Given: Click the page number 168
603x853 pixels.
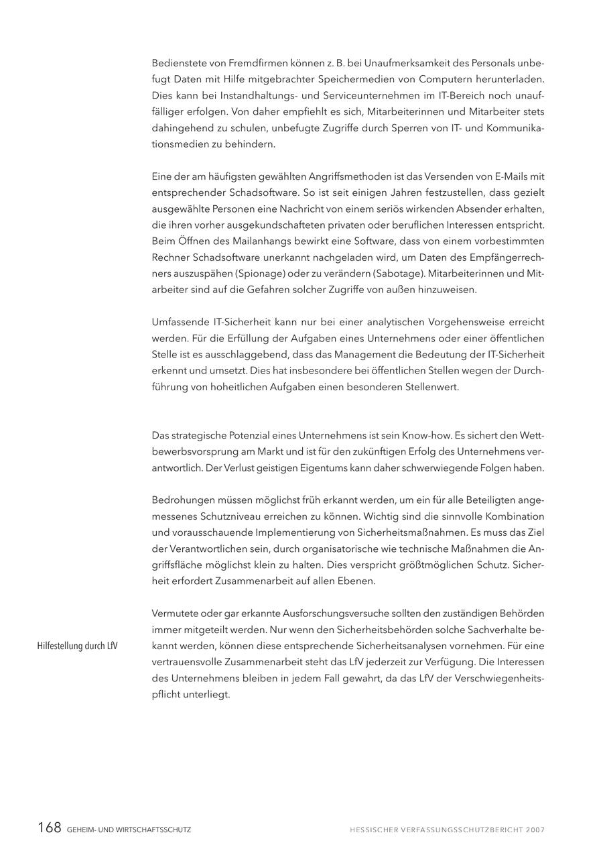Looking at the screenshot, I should (x=49, y=828).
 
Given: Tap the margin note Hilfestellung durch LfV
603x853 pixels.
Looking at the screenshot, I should (x=78, y=646).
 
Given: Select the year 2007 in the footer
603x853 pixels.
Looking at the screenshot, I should (x=535, y=830).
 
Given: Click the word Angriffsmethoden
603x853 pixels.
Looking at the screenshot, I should (x=350, y=176).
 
